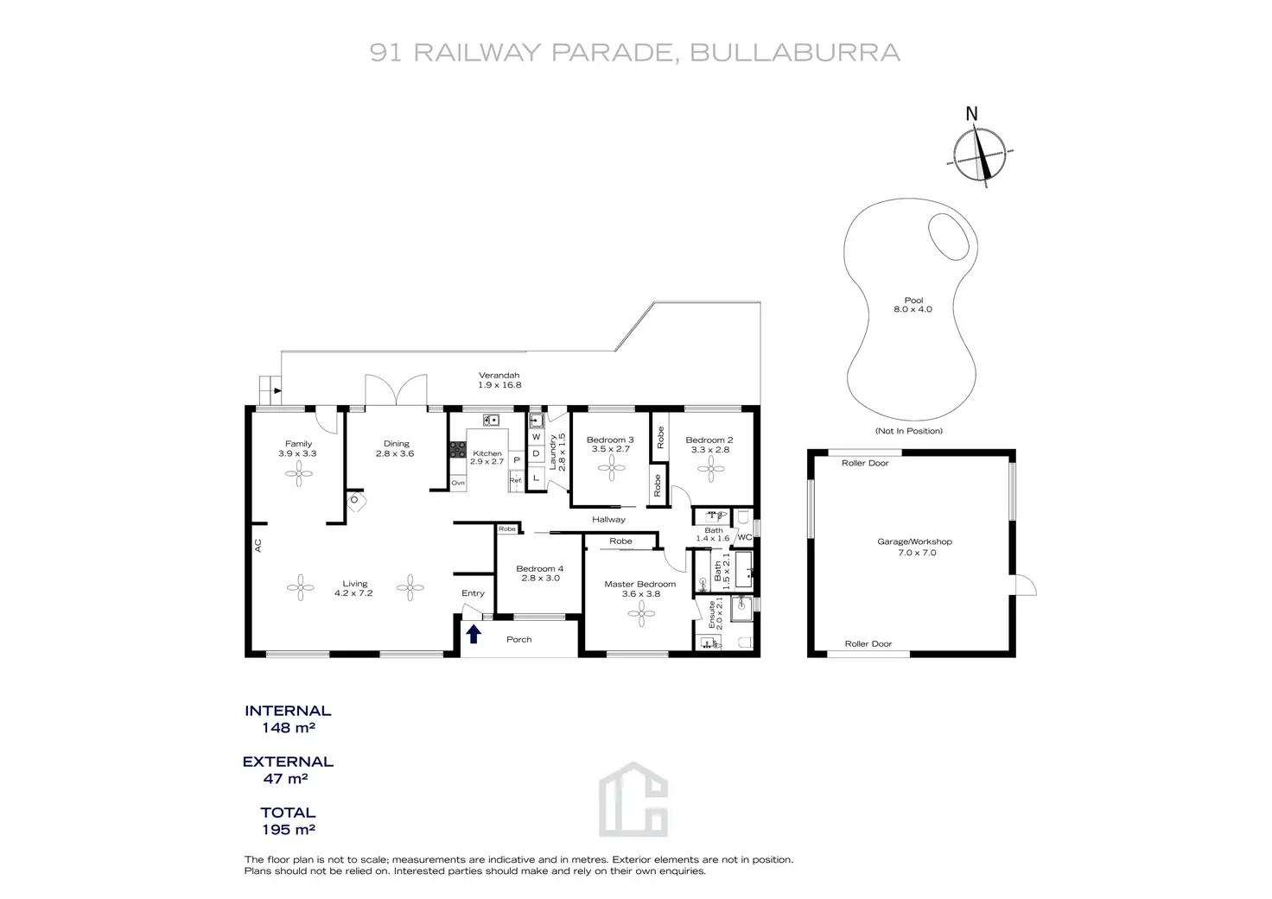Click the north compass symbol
[x=980, y=156]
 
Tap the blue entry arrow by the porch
[x=474, y=635]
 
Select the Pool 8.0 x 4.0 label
[x=913, y=305]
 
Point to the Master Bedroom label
[x=639, y=589]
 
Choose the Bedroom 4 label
[x=540, y=573]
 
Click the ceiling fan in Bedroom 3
[x=613, y=469]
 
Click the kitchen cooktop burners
[x=457, y=450]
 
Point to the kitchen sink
[x=492, y=421]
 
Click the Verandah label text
[x=499, y=380]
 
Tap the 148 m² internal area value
[x=288, y=728]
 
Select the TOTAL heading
[x=288, y=813]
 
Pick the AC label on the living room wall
[x=258, y=546]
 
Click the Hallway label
[x=608, y=519]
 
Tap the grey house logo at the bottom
[x=633, y=799]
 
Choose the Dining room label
[x=396, y=448]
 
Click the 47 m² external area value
[x=288, y=779]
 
